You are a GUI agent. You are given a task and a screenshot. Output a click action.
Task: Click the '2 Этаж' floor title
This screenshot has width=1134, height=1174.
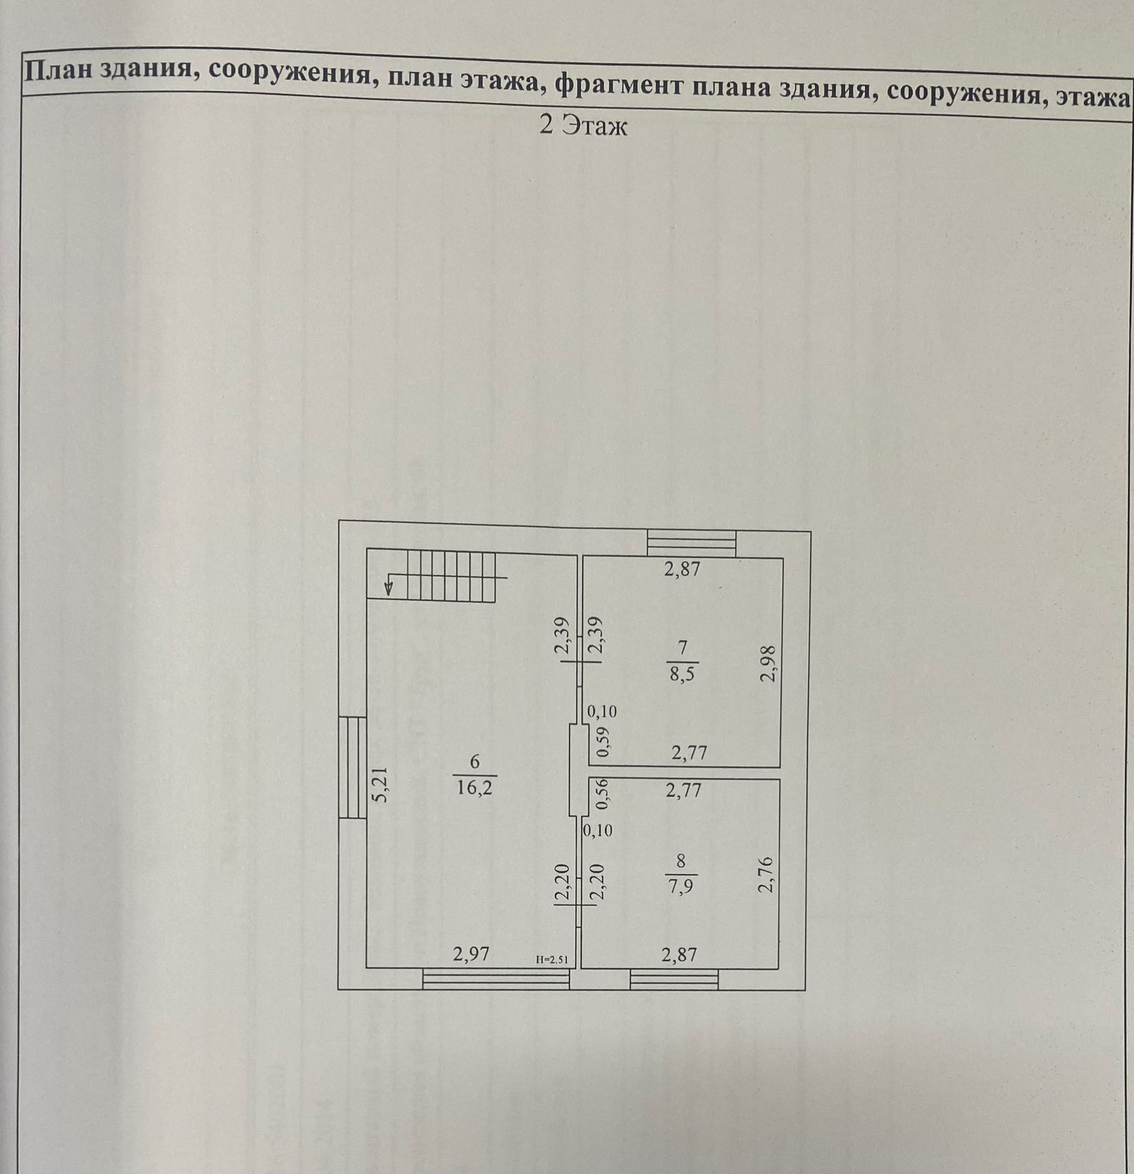pos(583,126)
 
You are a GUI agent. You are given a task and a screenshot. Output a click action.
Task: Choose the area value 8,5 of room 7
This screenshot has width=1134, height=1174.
pos(682,674)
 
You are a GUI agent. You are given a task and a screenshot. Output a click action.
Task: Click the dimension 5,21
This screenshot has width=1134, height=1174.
pos(381,785)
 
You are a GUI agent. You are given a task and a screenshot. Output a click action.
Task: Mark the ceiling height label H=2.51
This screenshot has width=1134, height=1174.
pos(551,960)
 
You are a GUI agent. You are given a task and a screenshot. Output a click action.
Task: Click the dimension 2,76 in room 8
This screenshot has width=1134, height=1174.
pos(766,875)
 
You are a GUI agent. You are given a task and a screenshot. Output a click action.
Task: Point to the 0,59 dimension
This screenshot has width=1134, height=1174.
pos(603,742)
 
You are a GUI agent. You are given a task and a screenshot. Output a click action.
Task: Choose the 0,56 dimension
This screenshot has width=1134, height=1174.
pos(603,793)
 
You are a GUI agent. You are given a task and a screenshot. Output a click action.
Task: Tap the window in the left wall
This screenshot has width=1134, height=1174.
pos(353,767)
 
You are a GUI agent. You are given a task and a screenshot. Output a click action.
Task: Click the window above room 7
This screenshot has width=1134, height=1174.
pos(692,543)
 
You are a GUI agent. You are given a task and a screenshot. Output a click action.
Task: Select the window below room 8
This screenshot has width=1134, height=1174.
pos(674,979)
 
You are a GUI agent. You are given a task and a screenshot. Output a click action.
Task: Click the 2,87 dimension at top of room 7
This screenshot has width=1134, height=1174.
pos(682,568)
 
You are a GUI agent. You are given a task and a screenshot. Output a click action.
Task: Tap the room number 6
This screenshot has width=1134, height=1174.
pos(475,762)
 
